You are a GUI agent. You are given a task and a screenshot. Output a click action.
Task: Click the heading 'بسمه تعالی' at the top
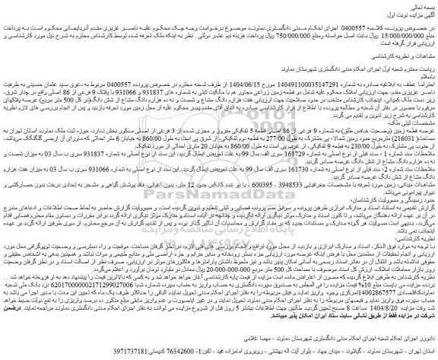pyautogui.click(x=421, y=6)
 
